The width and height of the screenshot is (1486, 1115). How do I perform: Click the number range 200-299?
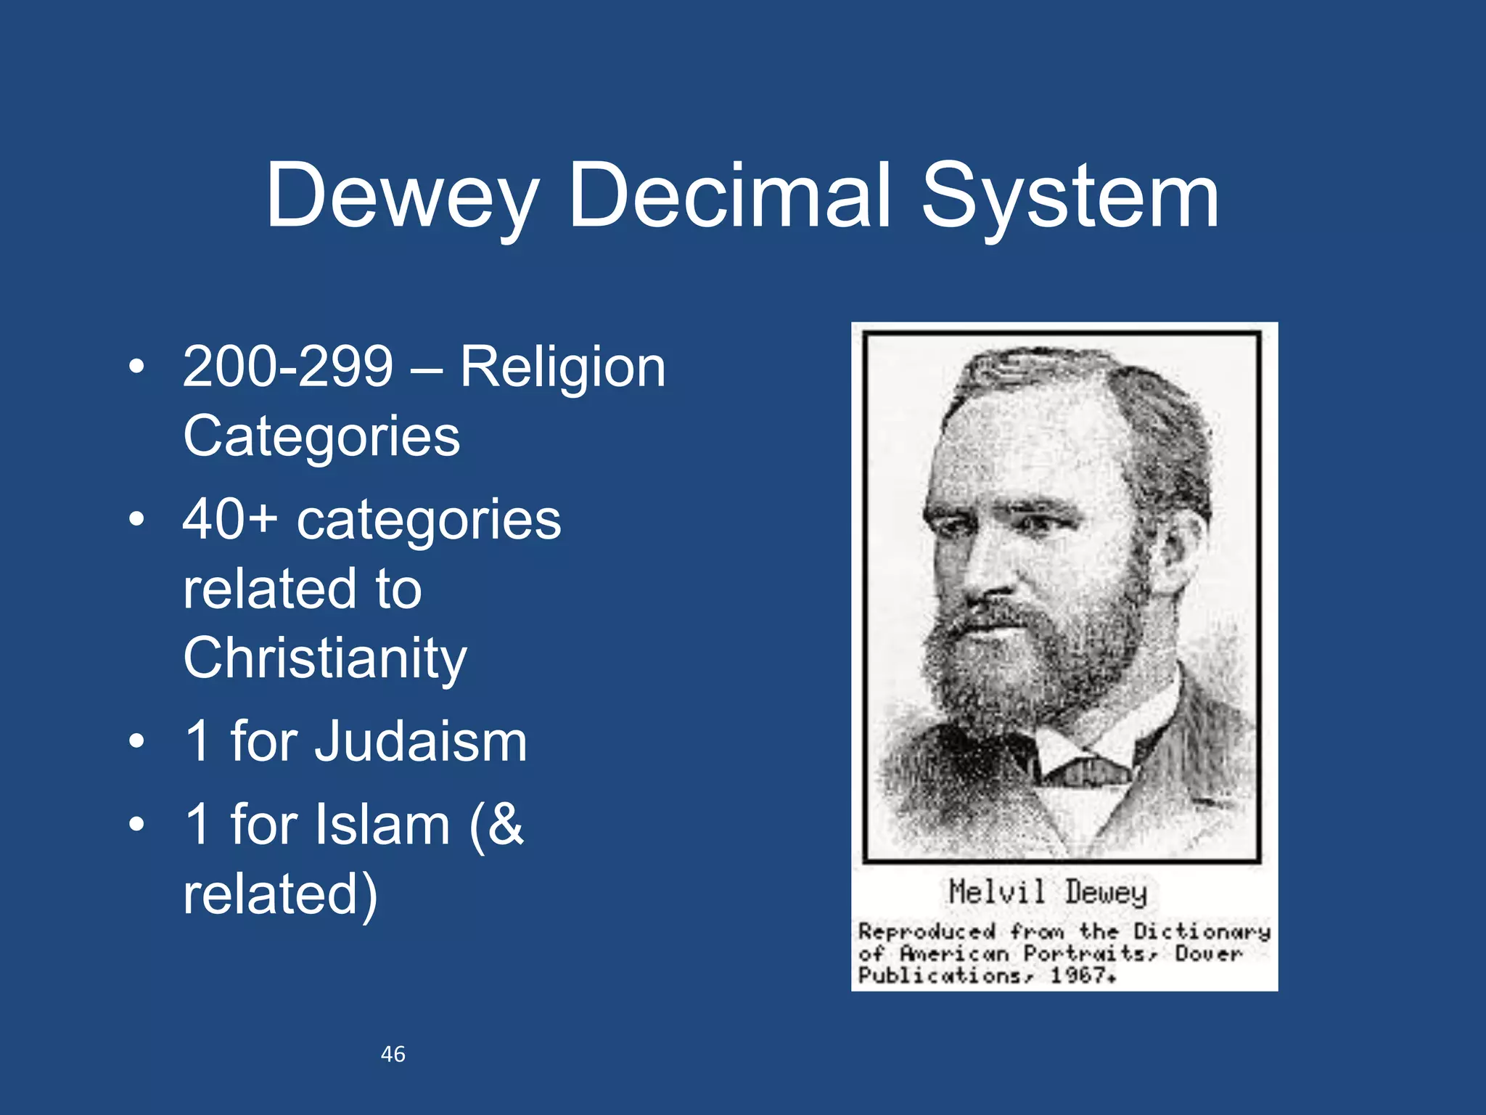288,367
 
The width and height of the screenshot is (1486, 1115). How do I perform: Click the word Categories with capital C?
321,436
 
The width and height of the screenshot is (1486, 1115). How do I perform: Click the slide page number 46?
393,1054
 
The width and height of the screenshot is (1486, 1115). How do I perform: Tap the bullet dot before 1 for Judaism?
136,743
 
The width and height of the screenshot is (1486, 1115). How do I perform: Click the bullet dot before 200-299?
136,367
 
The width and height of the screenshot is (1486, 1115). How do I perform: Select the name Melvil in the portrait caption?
997,892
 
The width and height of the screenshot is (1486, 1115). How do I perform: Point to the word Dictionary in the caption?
1202,931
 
